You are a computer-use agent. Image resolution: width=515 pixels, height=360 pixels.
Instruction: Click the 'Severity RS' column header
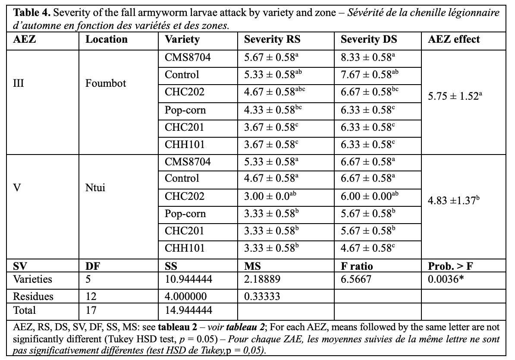click(x=272, y=40)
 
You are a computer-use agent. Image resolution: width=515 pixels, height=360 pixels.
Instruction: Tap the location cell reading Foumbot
click(x=106, y=83)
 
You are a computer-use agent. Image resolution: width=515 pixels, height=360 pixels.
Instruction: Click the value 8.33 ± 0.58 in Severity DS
click(x=367, y=57)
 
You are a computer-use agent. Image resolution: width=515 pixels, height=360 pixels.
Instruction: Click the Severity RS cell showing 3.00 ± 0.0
click(x=270, y=196)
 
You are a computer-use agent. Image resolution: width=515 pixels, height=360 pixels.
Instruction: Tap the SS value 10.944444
click(x=188, y=279)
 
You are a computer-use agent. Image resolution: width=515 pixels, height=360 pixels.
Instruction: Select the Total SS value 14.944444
click(x=188, y=310)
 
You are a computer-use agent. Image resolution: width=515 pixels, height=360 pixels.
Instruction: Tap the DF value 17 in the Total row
click(x=91, y=310)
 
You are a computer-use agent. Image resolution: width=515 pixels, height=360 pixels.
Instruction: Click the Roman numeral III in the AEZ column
click(x=19, y=83)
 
